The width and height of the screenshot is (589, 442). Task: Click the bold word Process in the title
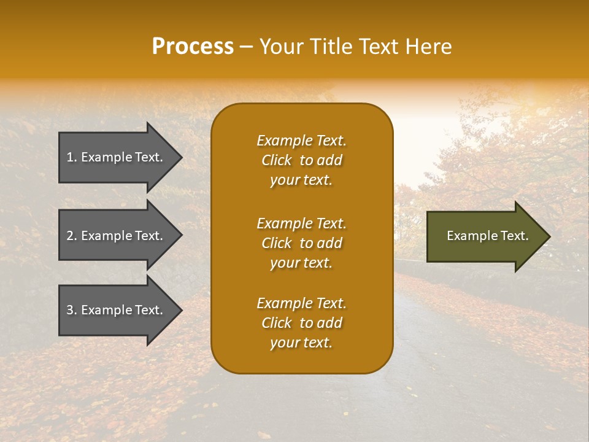[x=193, y=47]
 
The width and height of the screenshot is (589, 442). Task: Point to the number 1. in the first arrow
[x=72, y=157]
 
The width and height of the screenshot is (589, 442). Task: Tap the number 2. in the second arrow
[x=72, y=236]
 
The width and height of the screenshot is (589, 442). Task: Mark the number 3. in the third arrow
[x=72, y=310]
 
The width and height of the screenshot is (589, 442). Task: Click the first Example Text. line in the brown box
[x=301, y=141]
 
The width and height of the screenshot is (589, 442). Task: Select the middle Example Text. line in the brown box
[x=301, y=223]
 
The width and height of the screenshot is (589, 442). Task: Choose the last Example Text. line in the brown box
[x=301, y=303]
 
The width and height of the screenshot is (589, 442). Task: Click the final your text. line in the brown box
[x=301, y=343]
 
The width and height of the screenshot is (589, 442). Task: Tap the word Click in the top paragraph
[x=277, y=160]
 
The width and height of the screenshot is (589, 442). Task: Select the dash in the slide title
[x=247, y=47]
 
